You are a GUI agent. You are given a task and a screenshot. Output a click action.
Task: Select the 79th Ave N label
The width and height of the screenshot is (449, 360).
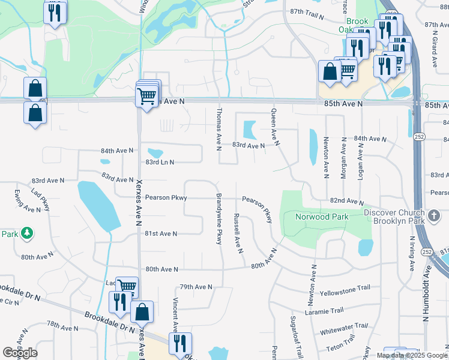pos(197,287)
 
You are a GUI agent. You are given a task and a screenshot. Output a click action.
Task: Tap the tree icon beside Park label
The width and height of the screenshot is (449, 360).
pos(26,233)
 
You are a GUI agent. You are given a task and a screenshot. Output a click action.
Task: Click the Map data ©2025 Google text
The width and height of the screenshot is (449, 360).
pos(412,355)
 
